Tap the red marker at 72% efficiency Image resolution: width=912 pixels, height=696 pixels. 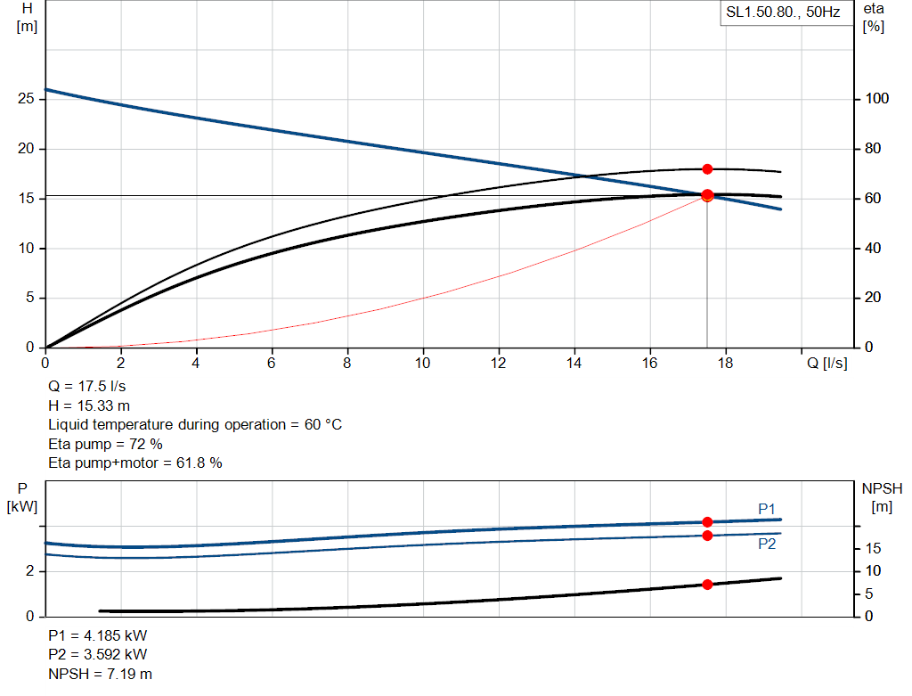point(707,169)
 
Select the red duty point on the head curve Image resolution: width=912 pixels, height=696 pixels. point(707,195)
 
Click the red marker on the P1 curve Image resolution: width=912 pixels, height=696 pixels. point(707,522)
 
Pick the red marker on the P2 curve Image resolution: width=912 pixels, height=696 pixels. point(707,536)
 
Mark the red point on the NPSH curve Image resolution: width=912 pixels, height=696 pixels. point(707,585)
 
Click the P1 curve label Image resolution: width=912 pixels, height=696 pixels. point(767,509)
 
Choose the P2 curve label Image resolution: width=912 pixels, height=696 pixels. point(767,544)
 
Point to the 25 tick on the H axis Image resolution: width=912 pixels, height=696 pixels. point(26,99)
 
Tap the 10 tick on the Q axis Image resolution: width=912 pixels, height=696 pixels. point(423,363)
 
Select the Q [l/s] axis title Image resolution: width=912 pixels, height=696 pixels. point(827,363)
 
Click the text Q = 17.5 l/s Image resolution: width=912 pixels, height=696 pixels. point(86,388)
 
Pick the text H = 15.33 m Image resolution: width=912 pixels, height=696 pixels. point(89,406)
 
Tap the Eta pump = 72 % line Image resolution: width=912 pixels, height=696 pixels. point(105,444)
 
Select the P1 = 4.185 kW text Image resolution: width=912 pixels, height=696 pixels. point(98,636)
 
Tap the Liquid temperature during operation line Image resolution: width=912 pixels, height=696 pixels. point(194,425)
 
